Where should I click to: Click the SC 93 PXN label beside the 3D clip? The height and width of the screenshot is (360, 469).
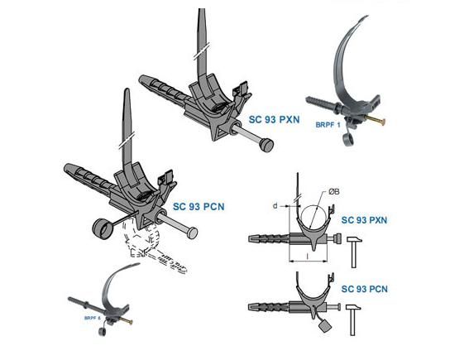pyautogui.click(x=274, y=119)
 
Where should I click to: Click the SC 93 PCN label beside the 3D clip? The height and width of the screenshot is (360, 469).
pyautogui.click(x=199, y=207)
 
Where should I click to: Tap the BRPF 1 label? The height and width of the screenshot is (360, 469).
pyautogui.click(x=328, y=125)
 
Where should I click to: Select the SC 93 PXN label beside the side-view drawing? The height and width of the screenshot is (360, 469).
pyautogui.click(x=364, y=220)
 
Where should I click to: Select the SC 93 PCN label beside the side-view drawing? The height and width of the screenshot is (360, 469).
pyautogui.click(x=364, y=289)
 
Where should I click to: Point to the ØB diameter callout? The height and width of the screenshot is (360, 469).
pyautogui.click(x=334, y=191)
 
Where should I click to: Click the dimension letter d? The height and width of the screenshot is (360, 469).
pyautogui.click(x=275, y=206)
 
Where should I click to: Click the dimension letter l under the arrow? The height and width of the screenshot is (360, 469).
pyautogui.click(x=308, y=256)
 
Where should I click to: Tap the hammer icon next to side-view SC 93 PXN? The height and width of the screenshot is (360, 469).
pyautogui.click(x=354, y=252)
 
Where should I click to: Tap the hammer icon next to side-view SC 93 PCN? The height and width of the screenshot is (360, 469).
pyautogui.click(x=353, y=319)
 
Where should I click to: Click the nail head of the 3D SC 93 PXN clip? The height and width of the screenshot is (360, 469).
pyautogui.click(x=266, y=146)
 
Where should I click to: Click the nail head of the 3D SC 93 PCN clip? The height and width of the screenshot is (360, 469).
pyautogui.click(x=191, y=233)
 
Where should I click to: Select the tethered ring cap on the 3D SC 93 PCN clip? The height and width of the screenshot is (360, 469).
pyautogui.click(x=102, y=228)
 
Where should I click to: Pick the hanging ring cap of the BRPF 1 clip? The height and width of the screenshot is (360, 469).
pyautogui.click(x=348, y=140)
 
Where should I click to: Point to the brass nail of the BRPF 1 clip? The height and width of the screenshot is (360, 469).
pyautogui.click(x=376, y=121)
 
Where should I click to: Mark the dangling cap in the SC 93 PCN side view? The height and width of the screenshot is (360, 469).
pyautogui.click(x=324, y=325)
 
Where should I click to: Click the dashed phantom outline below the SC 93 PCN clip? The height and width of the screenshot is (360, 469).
pyautogui.click(x=152, y=248)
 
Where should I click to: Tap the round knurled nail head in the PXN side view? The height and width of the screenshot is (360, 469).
pyautogui.click(x=337, y=239)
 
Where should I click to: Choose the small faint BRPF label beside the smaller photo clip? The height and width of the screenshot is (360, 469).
pyautogui.click(x=92, y=318)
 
